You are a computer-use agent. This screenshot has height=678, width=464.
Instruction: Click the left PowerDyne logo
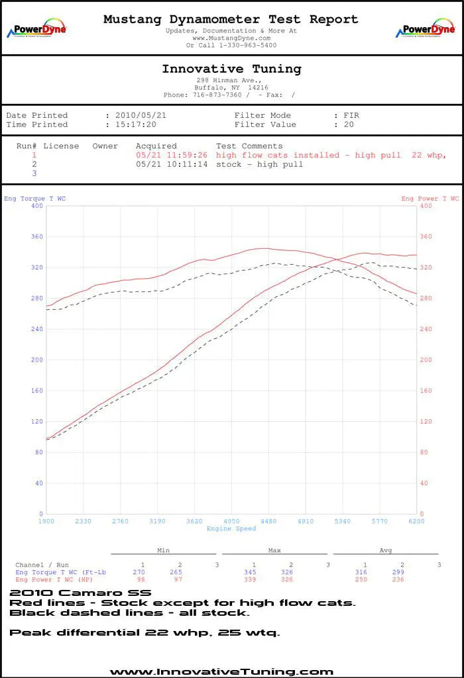[36, 30]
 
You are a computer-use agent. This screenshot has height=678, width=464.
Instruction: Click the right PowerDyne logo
[426, 30]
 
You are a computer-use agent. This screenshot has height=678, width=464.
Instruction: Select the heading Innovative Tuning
[231, 69]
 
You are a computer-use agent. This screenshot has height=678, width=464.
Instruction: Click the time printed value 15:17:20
[136, 124]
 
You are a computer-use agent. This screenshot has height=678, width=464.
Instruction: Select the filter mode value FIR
[351, 115]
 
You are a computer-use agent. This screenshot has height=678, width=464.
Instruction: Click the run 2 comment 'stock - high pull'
[259, 164]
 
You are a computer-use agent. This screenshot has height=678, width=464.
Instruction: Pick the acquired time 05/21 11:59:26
[171, 155]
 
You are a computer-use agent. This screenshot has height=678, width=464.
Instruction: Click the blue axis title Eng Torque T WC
[34, 199]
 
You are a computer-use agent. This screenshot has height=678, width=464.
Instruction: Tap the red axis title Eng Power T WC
[430, 199]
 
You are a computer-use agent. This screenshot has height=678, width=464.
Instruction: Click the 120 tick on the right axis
[426, 422]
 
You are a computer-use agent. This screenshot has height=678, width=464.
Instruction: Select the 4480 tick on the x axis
[268, 521]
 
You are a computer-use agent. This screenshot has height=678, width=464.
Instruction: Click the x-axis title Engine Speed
[231, 528]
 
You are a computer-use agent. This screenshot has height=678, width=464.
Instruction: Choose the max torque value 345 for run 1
[253, 572]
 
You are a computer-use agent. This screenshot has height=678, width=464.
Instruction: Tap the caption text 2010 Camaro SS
[80, 593]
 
